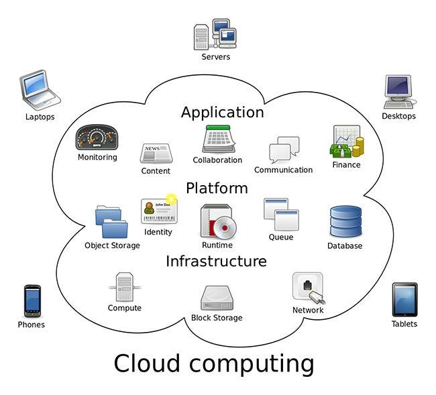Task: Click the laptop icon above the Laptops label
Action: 40,90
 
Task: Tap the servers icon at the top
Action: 215,34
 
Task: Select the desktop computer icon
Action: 399,92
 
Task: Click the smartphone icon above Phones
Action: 32,301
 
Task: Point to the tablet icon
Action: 404,300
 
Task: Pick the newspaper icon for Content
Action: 156,154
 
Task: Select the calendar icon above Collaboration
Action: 217,139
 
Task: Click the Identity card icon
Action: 158,211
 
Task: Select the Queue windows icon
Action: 280,214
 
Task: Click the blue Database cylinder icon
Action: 345,222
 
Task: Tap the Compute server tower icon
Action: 124,286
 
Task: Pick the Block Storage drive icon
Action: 217,298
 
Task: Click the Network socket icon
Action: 309,288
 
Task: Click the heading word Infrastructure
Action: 216,261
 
